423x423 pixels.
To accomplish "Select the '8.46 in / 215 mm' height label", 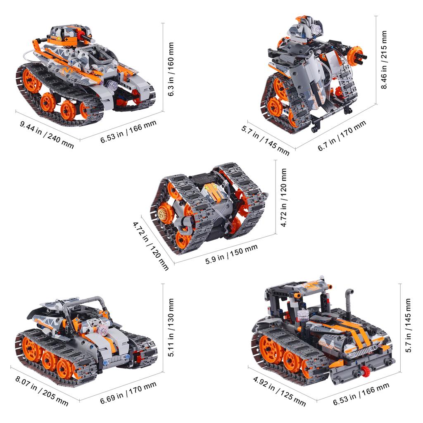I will point(384,60).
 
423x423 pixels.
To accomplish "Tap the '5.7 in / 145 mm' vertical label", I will point(408,325).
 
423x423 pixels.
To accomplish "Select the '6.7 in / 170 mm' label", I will point(342,136).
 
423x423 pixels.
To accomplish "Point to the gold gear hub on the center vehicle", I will point(163,213).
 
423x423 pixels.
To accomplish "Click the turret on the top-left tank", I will point(66,36).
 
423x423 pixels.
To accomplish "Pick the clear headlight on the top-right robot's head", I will point(316,30).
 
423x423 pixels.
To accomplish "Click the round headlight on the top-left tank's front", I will point(111,86).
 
